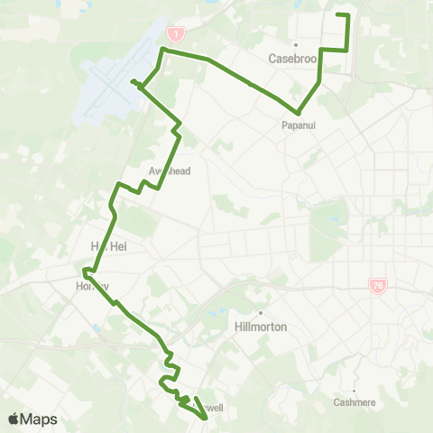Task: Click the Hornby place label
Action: pyautogui.click(x=93, y=286)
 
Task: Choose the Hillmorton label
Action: pyautogui.click(x=260, y=327)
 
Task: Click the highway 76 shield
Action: pyautogui.click(x=376, y=285)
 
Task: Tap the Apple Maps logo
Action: pyautogui.click(x=32, y=419)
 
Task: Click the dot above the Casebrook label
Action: pyautogui.click(x=294, y=44)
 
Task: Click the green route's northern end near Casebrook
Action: pyautogui.click(x=337, y=14)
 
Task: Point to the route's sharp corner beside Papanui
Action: pyautogui.click(x=298, y=114)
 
